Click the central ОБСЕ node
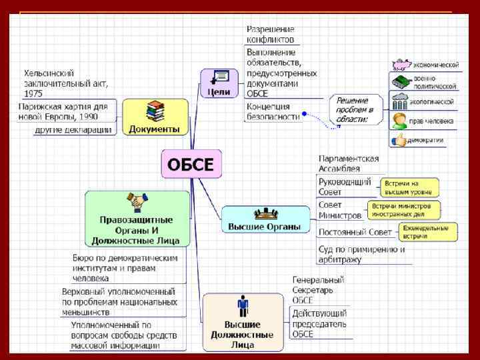tap(191, 164)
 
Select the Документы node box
tap(155, 117)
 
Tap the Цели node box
tap(219, 83)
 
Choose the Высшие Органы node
tap(265, 219)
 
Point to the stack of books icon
tap(155, 109)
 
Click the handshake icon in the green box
tap(137, 201)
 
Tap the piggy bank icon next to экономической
tap(401, 65)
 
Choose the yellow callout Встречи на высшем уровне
tap(409, 187)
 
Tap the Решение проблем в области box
tap(355, 109)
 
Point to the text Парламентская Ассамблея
tap(349, 163)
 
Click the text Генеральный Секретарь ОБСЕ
tap(318, 290)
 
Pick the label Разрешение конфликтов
tap(271, 35)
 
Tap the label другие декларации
tap(73, 129)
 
